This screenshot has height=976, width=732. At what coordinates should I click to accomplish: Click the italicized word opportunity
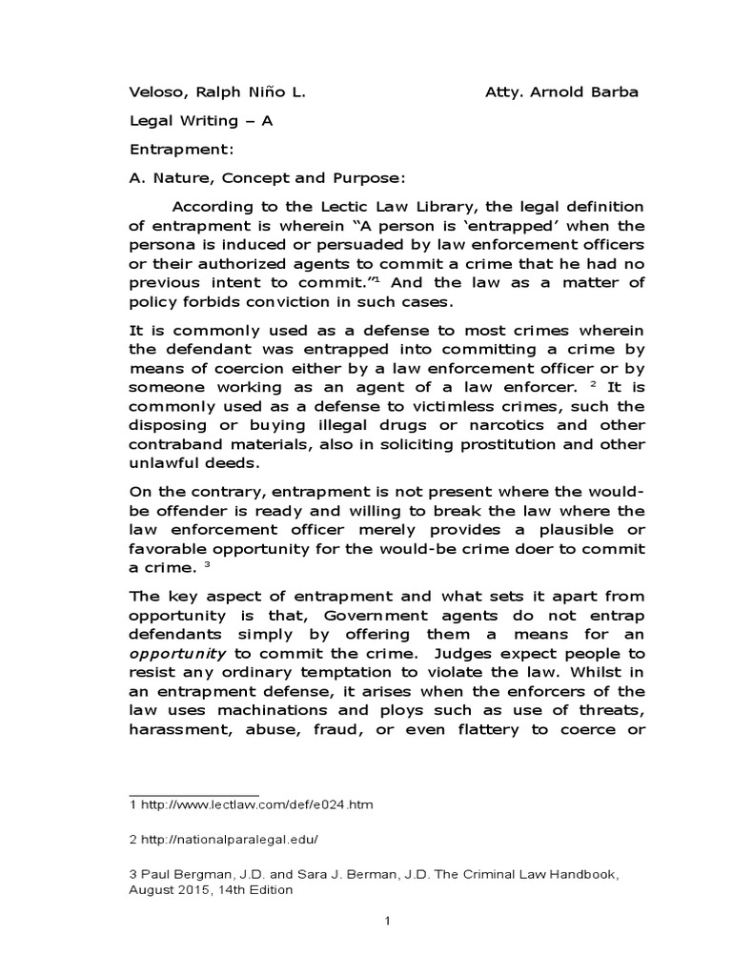coord(177,654)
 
